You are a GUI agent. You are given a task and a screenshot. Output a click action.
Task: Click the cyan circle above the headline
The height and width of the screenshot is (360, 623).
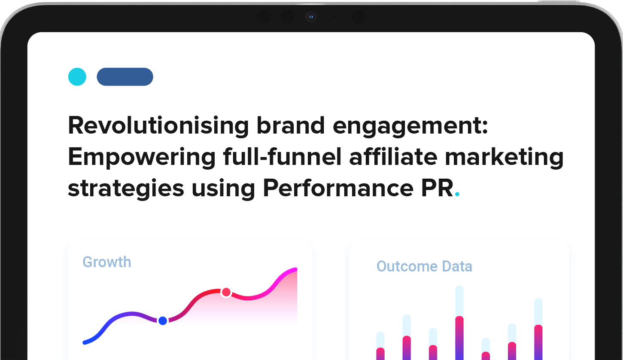tap(77, 77)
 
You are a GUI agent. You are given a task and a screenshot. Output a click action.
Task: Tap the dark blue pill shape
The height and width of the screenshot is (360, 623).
tap(125, 77)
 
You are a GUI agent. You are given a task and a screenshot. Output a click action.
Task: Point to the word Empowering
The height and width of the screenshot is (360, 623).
tap(142, 157)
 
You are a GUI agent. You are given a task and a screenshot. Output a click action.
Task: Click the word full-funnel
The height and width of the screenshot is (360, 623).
tap(282, 157)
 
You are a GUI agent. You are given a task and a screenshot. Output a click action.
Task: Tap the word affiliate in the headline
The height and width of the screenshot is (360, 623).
tap(393, 157)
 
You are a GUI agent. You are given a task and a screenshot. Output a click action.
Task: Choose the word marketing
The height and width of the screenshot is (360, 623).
tap(504, 157)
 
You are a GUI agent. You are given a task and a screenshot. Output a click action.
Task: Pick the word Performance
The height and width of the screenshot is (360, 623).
tap(338, 188)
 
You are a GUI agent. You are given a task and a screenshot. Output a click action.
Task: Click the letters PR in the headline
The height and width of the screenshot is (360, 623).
tap(438, 188)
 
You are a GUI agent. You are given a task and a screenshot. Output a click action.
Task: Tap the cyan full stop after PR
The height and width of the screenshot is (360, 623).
tap(457, 194)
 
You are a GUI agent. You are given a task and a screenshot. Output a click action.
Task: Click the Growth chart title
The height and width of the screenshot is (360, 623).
tap(107, 262)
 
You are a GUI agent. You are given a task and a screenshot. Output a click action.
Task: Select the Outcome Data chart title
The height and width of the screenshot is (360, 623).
tap(424, 266)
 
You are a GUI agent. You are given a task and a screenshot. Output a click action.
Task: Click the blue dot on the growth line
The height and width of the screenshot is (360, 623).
tap(163, 321)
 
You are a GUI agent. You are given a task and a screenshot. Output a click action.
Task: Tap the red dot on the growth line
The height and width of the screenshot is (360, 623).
tap(226, 292)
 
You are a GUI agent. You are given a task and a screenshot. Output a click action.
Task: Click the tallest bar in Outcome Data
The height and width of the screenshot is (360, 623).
tap(459, 323)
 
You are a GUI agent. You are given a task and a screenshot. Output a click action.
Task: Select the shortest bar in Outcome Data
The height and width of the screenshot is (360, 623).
tap(486, 349)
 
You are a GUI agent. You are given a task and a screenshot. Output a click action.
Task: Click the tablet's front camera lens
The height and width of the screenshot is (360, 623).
tap(311, 17)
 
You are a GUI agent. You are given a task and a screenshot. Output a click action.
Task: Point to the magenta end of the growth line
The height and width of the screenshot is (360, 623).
tap(295, 269)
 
